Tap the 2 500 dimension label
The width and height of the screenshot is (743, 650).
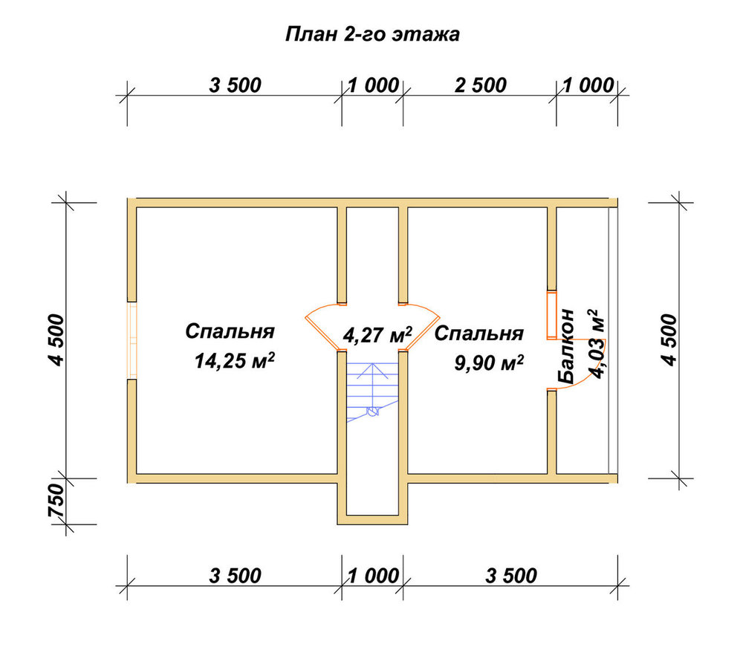tap(481, 85)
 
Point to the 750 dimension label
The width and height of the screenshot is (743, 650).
tap(56, 500)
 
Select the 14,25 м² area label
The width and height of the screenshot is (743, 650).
tap(235, 361)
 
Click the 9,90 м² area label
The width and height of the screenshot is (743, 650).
tap(489, 363)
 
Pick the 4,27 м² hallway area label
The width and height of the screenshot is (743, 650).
tap(377, 334)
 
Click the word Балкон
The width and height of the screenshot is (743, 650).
tap(566, 346)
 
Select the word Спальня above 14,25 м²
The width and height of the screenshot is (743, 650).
tap(230, 331)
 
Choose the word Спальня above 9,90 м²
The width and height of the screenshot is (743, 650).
tap(479, 334)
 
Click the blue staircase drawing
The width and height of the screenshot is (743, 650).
tap(373, 391)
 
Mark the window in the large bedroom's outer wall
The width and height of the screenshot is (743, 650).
tap(132, 340)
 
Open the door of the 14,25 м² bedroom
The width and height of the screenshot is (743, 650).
tap(322, 327)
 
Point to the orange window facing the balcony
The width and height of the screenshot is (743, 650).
tap(551, 316)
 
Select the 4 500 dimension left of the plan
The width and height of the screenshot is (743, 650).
tap(56, 339)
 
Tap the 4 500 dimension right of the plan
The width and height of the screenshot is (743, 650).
tap(669, 339)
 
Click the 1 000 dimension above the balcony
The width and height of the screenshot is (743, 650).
tap(588, 85)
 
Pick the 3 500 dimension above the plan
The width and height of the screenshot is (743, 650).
tap(235, 85)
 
